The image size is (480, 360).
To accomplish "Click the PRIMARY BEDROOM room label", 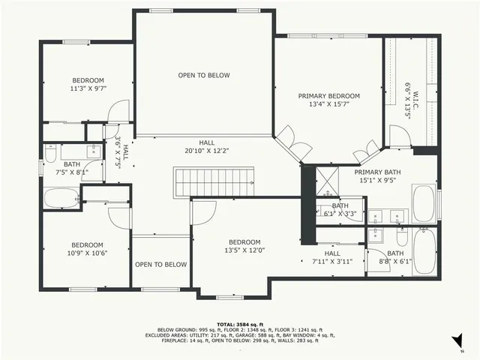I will (328, 96).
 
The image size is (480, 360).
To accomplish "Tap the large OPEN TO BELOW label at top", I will (203, 75).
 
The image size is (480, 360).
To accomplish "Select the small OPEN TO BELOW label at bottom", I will (160, 264).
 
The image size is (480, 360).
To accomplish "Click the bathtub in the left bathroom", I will (61, 199).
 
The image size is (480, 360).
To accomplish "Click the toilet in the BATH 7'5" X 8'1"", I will (50, 154).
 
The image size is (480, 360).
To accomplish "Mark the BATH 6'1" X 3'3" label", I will (340, 209).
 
